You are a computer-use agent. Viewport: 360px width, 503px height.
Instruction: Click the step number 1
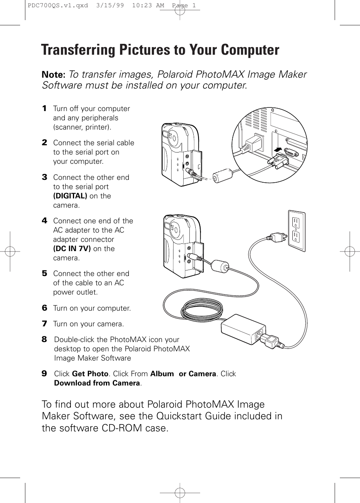coord(44,109)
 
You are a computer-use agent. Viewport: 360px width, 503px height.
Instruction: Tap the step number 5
coord(44,274)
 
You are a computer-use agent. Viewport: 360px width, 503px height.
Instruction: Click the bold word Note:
coord(54,75)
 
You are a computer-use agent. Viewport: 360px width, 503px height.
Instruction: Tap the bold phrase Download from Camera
coord(97,383)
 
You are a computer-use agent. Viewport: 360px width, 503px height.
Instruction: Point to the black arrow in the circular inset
coord(277,150)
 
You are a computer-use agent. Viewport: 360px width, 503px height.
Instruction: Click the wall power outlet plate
coord(296,231)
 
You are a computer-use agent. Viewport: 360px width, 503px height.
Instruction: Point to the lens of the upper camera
coord(172,137)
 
